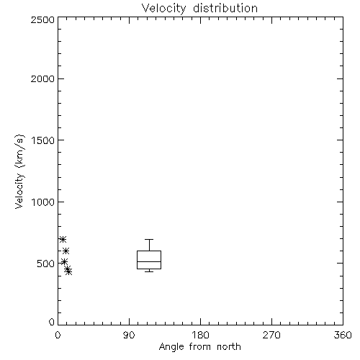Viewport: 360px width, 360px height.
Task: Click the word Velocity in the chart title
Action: point(163,9)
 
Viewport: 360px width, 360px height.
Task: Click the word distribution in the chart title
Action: point(225,8)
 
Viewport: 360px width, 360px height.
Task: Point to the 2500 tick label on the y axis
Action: point(42,19)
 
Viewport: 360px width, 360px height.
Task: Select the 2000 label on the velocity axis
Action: point(42,78)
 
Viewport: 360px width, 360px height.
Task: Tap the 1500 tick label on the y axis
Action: point(43,140)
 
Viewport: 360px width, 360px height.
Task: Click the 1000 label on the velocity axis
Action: point(43,202)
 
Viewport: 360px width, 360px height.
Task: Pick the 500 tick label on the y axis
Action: point(46,264)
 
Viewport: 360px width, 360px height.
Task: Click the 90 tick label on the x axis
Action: point(129,335)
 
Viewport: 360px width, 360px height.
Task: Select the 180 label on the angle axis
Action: point(200,335)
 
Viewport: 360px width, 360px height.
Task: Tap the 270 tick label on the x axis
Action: point(271,335)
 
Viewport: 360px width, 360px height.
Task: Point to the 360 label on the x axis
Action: point(343,335)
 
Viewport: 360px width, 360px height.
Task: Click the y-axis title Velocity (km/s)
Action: point(19,171)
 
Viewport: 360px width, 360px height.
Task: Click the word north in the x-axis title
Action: point(229,347)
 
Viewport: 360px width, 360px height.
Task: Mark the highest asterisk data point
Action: point(63,239)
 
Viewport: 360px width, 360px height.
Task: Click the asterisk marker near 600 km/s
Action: point(66,251)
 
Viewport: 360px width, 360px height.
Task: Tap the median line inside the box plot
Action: point(149,261)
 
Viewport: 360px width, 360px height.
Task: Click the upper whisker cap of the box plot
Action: point(149,239)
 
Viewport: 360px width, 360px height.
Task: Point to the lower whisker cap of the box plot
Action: point(149,271)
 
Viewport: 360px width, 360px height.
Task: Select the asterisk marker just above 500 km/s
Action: point(64,261)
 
